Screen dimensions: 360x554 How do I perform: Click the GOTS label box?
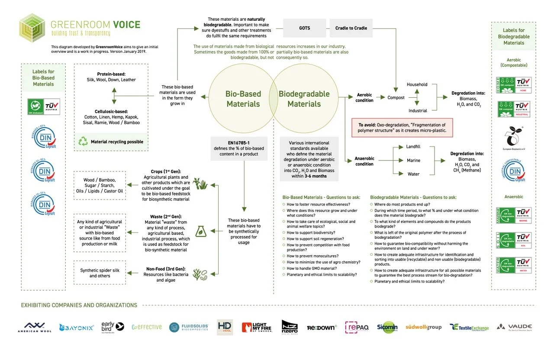pos(304,28)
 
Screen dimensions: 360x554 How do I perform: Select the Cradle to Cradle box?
pos(351,28)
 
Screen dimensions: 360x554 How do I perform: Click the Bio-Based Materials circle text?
pos(243,99)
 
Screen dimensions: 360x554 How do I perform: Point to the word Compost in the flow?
pos(396,98)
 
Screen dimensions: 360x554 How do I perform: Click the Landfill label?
pos(413,147)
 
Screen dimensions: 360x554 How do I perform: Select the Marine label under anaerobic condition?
pos(413,161)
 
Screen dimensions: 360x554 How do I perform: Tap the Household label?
pos(417,85)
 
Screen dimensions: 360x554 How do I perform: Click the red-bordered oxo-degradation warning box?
pos(402,128)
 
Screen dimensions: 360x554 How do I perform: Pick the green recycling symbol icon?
pos(83,141)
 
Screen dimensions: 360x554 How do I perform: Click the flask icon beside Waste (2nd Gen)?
pos(200,231)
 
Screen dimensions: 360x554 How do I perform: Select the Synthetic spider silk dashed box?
pos(100,273)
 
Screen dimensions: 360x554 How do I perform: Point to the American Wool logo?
pos(35,327)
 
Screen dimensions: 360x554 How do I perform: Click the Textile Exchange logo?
pos(469,327)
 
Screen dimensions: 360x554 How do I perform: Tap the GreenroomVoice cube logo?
pos(32,27)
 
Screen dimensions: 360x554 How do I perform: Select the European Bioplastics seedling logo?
pos(514,137)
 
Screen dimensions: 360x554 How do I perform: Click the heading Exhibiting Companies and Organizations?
pos(79,305)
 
